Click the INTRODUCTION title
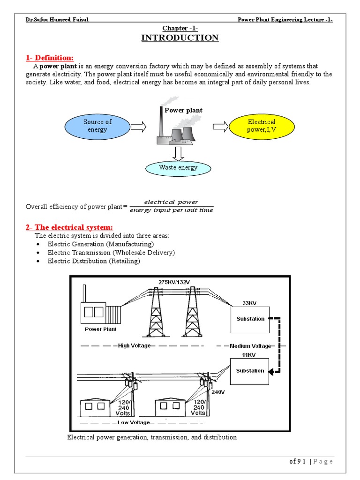click(x=180, y=38)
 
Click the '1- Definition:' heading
click(x=50, y=58)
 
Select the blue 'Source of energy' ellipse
click(x=97, y=126)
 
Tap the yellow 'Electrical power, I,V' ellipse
click(x=262, y=126)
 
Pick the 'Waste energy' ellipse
click(x=178, y=168)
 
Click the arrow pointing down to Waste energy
click(x=178, y=152)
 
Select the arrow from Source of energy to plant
click(x=138, y=126)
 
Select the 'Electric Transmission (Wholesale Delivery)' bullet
click(x=111, y=253)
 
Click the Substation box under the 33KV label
click(x=250, y=319)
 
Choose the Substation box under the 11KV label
click(x=250, y=370)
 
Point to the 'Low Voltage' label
click(x=134, y=422)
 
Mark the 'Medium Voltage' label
click(x=250, y=346)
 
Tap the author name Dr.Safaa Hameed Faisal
click(x=57, y=19)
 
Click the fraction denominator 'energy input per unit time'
click(x=171, y=210)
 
